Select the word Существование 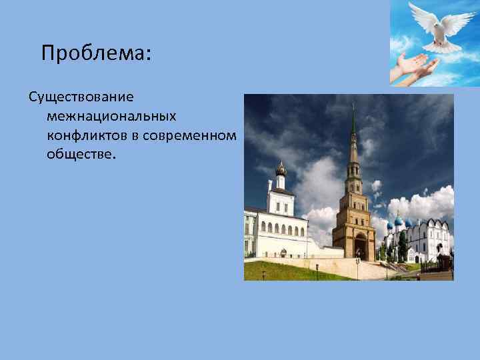[81, 97]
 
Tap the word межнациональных [111, 117]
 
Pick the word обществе [81, 155]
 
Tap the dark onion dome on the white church [281, 169]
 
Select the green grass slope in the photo [293, 269]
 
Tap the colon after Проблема [149, 55]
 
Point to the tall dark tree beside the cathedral [403, 245]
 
